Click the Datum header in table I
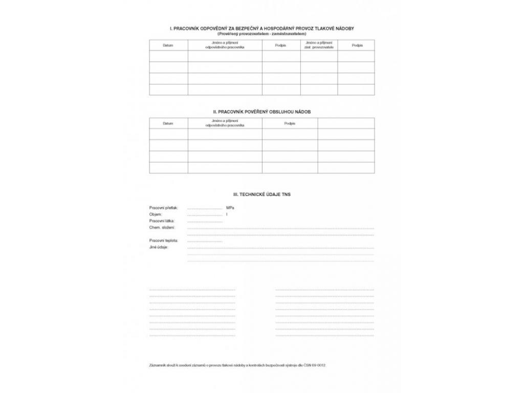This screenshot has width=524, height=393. (x=168, y=45)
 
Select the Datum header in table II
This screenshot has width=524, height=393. (x=168, y=123)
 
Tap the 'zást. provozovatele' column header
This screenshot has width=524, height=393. (x=319, y=47)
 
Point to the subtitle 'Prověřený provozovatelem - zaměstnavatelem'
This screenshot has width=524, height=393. (x=261, y=33)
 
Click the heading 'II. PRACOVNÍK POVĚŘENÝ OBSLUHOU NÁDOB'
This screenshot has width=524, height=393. (x=261, y=111)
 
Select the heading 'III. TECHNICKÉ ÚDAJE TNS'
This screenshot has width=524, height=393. (x=261, y=195)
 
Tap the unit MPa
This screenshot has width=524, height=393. (x=230, y=208)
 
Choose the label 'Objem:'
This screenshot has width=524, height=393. (x=155, y=214)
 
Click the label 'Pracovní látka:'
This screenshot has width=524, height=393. (x=162, y=221)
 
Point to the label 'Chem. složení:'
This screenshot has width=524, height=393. (x=162, y=227)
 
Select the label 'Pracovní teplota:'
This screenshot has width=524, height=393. (x=164, y=240)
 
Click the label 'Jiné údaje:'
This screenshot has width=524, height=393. (x=159, y=247)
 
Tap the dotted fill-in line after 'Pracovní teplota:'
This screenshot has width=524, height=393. (x=205, y=241)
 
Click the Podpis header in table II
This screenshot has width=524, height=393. (x=290, y=123)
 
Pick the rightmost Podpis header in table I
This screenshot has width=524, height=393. (x=357, y=45)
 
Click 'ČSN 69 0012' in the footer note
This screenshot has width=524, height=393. (x=315, y=365)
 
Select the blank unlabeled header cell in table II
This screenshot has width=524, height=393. (x=346, y=123)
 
